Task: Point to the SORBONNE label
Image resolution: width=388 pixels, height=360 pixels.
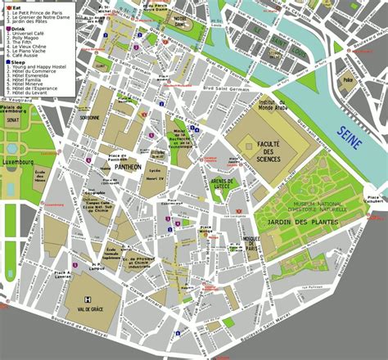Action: [89, 117]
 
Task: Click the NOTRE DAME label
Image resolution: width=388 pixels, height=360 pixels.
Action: [176, 26]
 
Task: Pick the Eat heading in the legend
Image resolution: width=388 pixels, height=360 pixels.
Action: [16, 7]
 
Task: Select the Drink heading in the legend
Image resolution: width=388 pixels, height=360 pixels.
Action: [17, 29]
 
